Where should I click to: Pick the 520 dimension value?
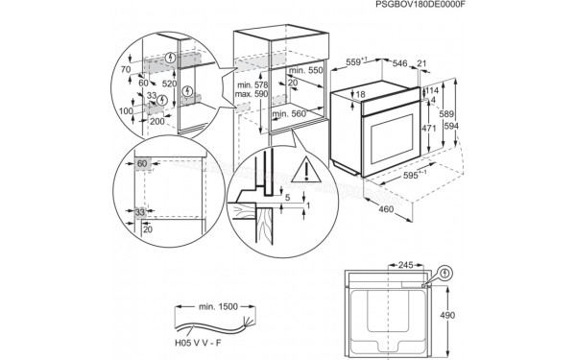(x=168, y=84)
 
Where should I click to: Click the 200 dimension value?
(x=157, y=122)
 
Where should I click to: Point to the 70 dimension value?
(x=125, y=70)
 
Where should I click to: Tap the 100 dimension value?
(x=125, y=111)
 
